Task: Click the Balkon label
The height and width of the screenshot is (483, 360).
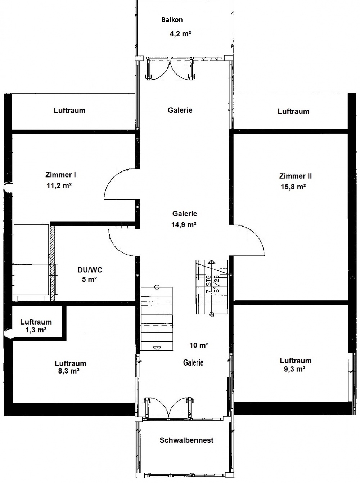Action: click(172, 20)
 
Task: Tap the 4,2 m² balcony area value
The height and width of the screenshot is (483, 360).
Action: click(180, 34)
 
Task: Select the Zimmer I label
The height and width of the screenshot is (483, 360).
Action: click(61, 175)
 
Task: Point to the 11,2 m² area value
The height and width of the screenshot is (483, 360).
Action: click(59, 185)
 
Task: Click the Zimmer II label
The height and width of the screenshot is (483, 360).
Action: click(295, 176)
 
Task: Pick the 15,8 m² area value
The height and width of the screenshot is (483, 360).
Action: click(293, 187)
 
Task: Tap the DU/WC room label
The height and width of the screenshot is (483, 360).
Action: click(90, 270)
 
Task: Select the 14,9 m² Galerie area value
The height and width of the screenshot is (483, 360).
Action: click(184, 225)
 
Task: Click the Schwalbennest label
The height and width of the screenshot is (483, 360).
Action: click(186, 440)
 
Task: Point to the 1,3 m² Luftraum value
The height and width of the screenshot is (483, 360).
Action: click(36, 330)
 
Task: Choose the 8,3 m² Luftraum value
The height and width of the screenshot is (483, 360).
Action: click(69, 371)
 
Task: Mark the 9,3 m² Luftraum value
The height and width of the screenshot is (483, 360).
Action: click(294, 369)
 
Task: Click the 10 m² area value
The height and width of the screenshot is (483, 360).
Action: click(199, 345)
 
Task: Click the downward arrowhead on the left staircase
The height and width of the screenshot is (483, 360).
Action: click(157, 349)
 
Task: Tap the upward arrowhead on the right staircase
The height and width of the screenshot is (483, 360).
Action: click(211, 262)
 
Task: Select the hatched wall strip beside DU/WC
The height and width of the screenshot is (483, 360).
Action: click(52, 263)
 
